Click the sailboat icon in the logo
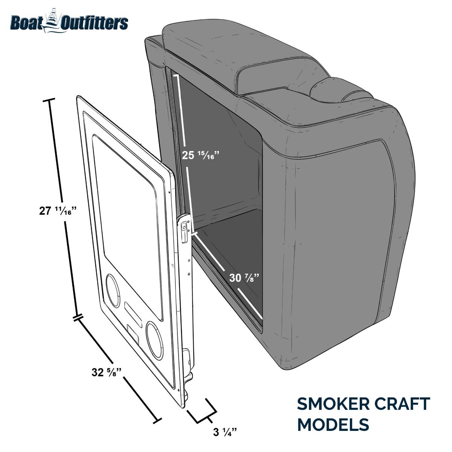click(x=53, y=21)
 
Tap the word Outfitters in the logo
click(x=95, y=23)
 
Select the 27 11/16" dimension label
click(x=58, y=211)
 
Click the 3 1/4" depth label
click(x=225, y=432)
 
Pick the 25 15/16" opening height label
click(x=201, y=155)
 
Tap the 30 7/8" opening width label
click(x=244, y=278)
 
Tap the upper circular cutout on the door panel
click(x=113, y=291)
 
